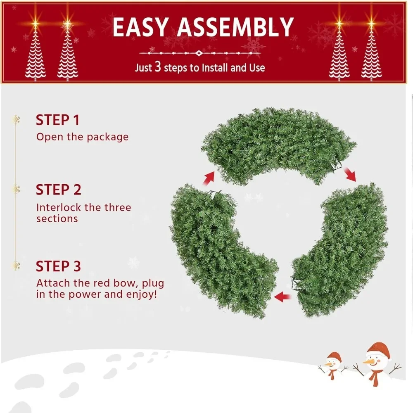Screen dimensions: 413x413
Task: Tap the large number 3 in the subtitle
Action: click(x=158, y=66)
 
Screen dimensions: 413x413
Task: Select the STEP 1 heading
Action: click(x=58, y=120)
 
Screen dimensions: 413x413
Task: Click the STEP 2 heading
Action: click(x=59, y=190)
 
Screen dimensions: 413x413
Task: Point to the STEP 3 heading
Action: click(x=59, y=266)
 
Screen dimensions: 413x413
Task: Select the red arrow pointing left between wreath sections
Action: click(x=282, y=297)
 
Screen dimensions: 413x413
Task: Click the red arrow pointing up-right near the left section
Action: click(x=209, y=178)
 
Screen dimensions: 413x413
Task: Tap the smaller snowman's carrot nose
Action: click(x=329, y=364)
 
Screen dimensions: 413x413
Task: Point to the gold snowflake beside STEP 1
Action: click(x=17, y=120)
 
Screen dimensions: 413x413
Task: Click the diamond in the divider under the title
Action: click(x=199, y=53)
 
